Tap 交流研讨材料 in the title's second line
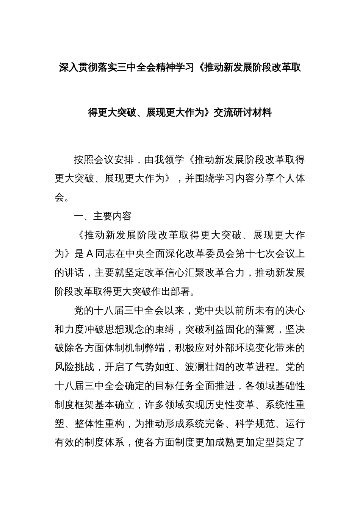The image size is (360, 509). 243,112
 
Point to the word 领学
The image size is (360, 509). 174,160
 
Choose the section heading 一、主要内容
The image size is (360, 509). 103,216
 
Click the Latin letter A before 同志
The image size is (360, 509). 90,254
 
